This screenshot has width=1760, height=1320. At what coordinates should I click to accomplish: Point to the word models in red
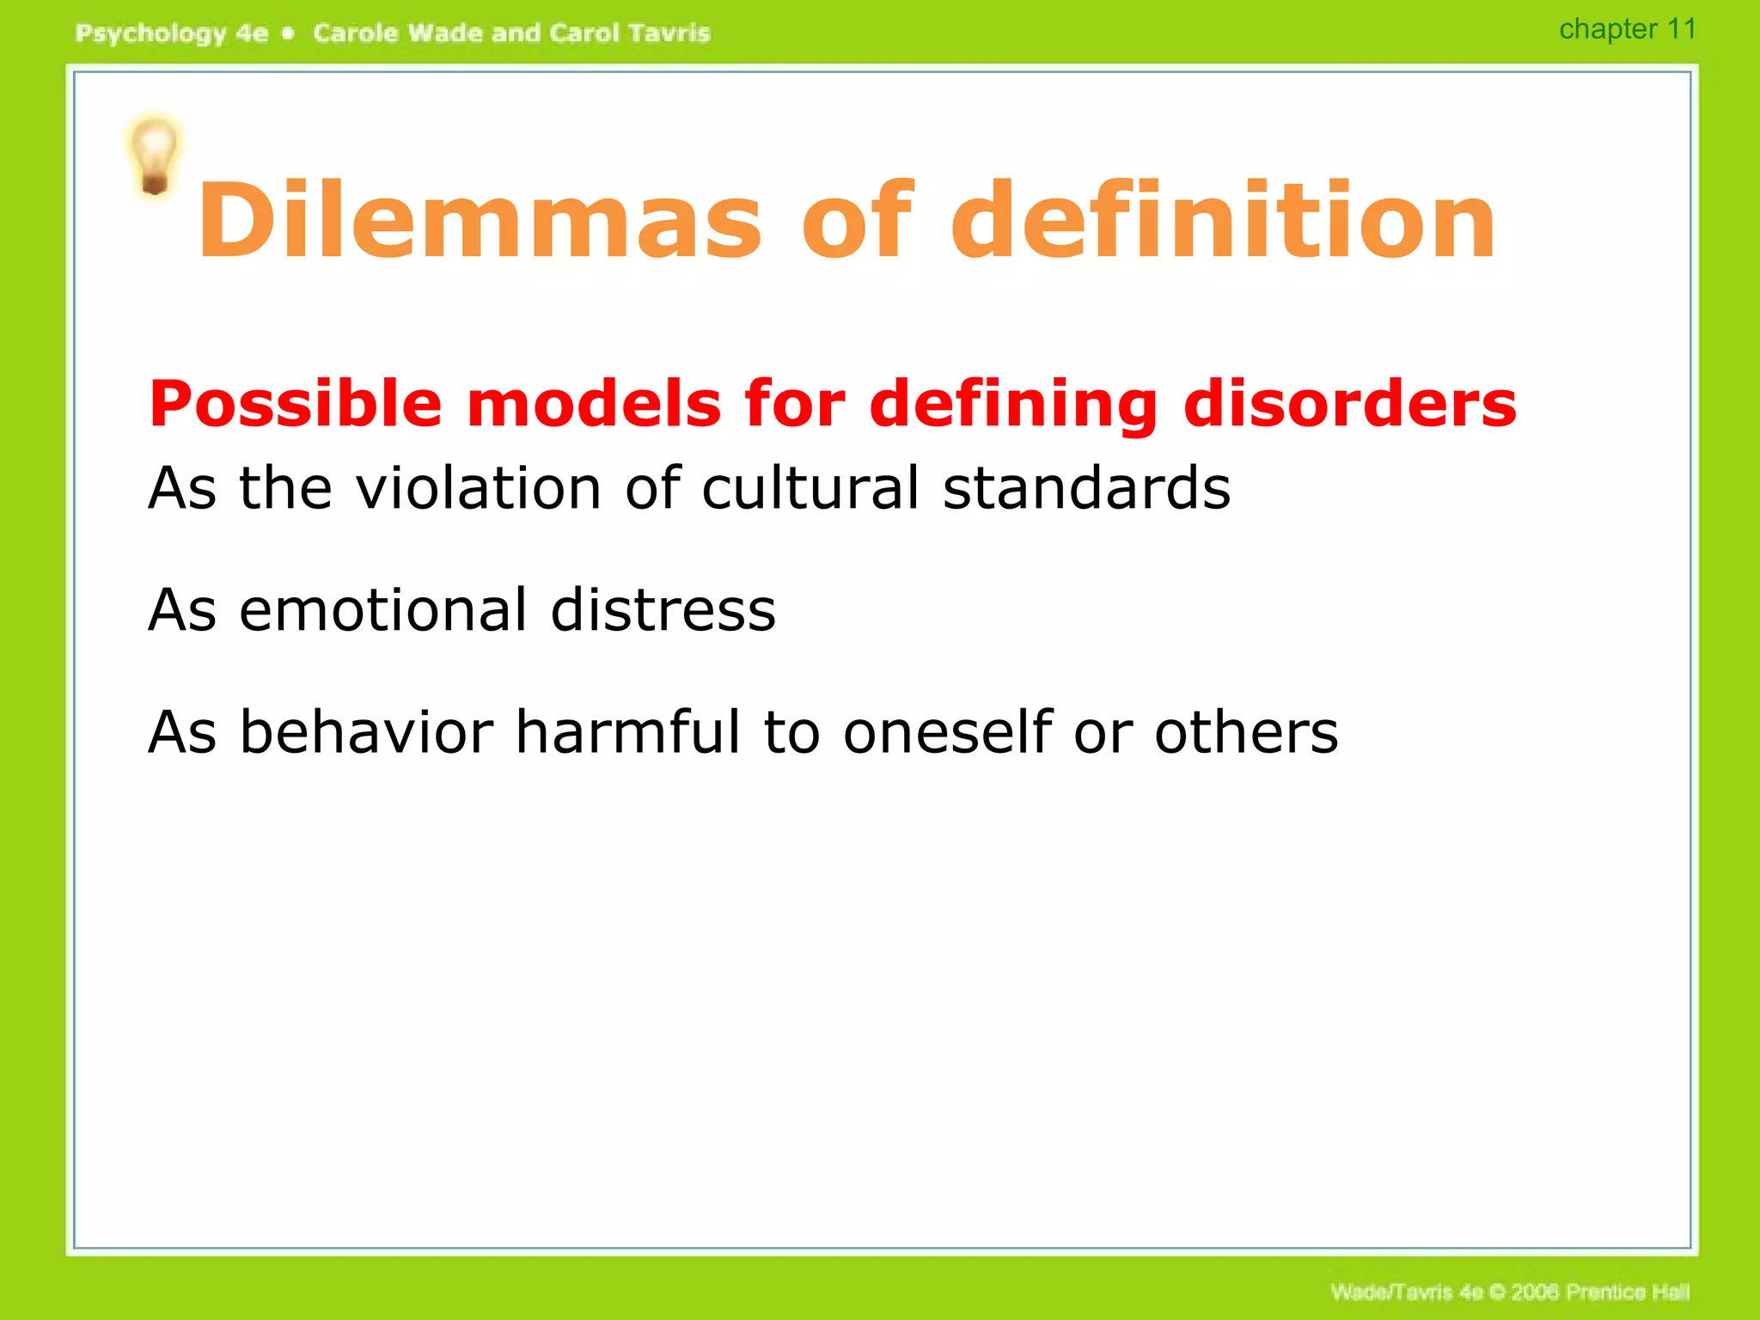coord(594,404)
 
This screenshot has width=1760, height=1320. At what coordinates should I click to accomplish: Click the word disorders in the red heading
coord(1349,404)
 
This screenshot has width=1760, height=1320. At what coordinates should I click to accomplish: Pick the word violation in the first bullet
coord(478,488)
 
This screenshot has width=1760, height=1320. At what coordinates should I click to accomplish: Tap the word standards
coord(1086,488)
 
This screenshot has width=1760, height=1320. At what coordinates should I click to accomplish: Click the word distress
coord(663,610)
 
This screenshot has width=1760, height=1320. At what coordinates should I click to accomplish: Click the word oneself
coord(948,732)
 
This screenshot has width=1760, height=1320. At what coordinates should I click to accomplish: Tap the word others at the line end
coord(1245,732)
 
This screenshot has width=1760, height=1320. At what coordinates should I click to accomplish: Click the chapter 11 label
coord(1628,29)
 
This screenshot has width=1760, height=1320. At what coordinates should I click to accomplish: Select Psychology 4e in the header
coord(172,34)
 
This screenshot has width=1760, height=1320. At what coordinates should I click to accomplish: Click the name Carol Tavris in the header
coord(630,34)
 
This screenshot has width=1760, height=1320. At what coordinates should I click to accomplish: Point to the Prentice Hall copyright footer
coord(1510,1292)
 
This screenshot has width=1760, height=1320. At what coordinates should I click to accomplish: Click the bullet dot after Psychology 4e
coord(289,34)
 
